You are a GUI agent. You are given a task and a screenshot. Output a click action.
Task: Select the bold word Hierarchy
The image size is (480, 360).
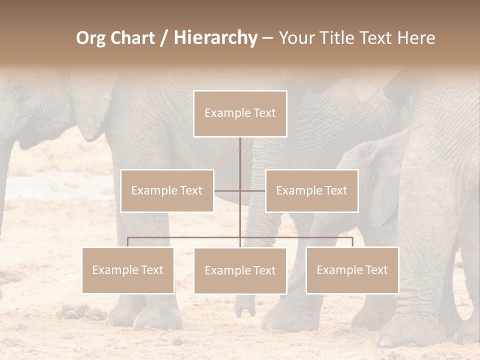point(215,38)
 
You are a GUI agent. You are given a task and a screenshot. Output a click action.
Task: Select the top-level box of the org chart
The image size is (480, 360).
point(240,113)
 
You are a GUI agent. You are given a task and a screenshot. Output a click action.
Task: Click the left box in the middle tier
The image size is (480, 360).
point(167,190)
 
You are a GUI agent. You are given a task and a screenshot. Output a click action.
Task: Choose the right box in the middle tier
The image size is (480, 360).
point(312,190)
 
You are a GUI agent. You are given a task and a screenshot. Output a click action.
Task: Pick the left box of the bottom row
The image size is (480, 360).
point(128,270)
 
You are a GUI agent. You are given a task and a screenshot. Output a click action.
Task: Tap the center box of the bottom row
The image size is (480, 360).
point(240,271)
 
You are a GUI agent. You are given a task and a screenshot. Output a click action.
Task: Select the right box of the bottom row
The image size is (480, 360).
point(352,270)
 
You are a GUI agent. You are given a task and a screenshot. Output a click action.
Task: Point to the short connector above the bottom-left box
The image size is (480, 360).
point(128,242)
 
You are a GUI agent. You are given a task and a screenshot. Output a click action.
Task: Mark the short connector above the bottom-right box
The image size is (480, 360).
point(352,242)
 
